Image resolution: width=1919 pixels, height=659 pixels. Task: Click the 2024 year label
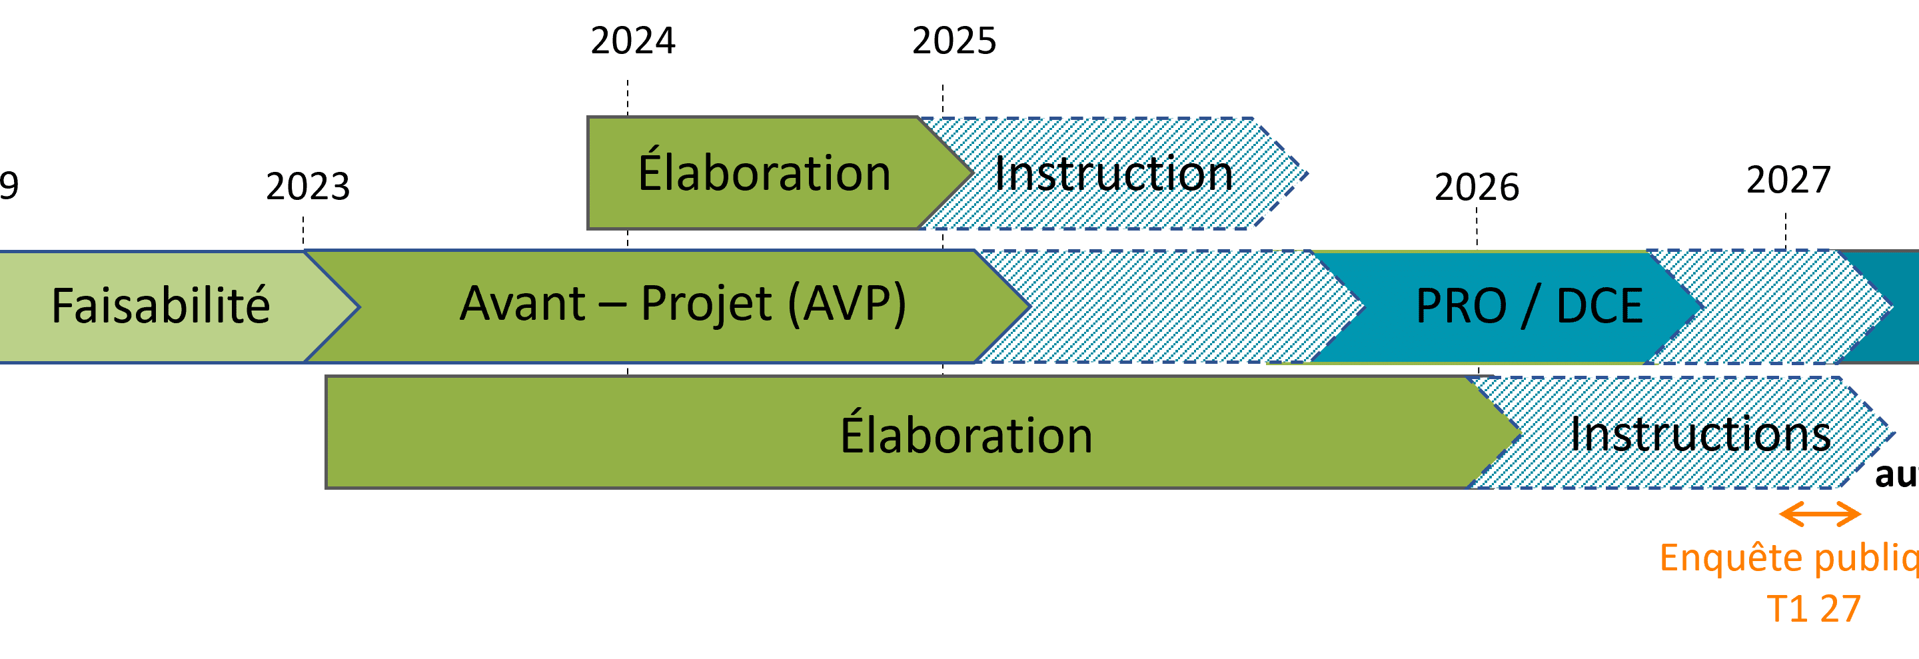632,40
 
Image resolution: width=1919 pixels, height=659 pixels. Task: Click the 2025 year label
954,40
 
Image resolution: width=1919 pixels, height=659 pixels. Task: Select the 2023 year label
308,186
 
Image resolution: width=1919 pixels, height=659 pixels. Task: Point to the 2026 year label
1477,187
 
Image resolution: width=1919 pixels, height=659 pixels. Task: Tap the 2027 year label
1788,179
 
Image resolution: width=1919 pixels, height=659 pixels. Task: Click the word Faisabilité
160,306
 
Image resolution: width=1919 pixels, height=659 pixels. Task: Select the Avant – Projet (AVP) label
682,304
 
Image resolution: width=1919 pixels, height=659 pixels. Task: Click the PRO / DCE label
1529,306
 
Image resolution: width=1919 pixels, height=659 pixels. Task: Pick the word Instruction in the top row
1113,173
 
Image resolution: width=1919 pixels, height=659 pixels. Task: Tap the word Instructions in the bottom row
1700,434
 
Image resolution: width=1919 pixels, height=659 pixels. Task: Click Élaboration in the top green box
764,173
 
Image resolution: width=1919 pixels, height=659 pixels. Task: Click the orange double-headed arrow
1820,514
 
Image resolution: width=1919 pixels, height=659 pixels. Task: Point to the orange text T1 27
1813,608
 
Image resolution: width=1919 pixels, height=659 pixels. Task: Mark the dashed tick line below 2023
303,231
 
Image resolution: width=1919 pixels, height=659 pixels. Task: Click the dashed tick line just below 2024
627,97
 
